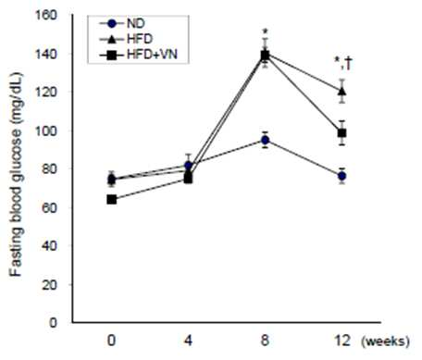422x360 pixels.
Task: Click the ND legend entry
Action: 122,24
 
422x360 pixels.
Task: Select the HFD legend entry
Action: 126,39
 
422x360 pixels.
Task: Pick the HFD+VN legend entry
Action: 139,55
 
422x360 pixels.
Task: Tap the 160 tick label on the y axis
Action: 47,15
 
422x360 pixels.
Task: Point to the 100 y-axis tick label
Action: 47,130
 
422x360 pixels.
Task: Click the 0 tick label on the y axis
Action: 54,323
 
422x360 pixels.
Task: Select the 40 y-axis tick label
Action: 50,246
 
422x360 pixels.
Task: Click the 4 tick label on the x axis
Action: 188,341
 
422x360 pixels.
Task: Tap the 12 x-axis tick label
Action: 341,341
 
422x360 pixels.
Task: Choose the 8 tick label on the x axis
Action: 265,341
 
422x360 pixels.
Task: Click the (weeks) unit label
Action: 386,341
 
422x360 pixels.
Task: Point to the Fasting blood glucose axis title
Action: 16,174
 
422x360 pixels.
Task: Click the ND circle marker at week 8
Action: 265,140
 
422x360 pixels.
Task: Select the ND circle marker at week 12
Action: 341,176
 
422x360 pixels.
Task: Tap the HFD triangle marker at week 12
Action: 341,92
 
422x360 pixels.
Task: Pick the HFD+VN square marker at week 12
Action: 341,133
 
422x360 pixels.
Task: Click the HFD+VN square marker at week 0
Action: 112,200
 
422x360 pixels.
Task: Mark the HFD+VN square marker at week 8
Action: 265,56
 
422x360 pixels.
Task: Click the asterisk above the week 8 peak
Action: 265,31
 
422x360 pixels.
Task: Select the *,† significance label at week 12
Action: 343,64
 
